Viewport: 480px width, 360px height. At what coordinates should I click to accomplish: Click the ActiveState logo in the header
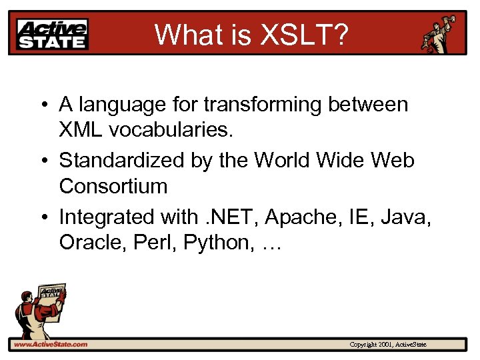pyautogui.click(x=53, y=33)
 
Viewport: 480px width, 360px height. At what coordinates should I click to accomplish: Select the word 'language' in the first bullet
pyautogui.click(x=127, y=105)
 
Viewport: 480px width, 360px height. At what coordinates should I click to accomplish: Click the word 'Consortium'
pyautogui.click(x=113, y=186)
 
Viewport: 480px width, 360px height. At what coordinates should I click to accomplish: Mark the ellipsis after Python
pyautogui.click(x=272, y=244)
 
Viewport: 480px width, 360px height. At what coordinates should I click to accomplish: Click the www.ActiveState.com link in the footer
pyautogui.click(x=50, y=345)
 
